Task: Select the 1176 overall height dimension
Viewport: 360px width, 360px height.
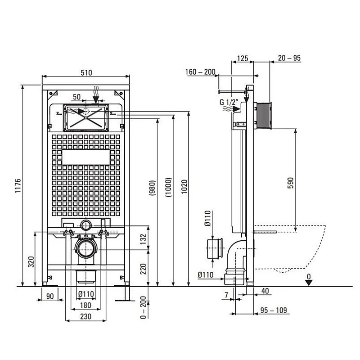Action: click(18, 186)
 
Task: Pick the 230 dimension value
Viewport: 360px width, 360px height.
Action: click(85, 316)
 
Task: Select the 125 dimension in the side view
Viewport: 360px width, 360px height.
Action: click(243, 58)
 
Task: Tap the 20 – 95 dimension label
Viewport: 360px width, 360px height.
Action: click(289, 58)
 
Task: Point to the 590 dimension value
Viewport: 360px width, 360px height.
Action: click(290, 182)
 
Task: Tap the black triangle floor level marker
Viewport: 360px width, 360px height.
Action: click(308, 282)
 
